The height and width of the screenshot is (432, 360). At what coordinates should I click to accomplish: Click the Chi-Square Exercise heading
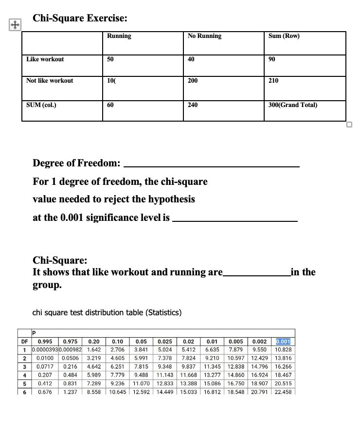[80, 18]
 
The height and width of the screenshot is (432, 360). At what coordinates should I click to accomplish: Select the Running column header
[119, 36]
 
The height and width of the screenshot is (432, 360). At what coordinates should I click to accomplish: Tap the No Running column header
[204, 36]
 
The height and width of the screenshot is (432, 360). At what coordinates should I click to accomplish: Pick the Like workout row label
[45, 59]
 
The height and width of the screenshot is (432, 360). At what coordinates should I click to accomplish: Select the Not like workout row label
[50, 81]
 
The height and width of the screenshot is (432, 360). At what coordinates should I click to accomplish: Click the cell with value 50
[110, 59]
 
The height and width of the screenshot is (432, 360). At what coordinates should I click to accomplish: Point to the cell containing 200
[193, 81]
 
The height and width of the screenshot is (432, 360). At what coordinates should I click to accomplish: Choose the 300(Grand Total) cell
[293, 104]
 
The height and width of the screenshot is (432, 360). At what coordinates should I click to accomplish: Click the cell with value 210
[273, 81]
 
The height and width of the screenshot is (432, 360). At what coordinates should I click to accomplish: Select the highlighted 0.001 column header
[283, 342]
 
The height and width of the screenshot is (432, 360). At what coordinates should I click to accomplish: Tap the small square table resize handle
[348, 124]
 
